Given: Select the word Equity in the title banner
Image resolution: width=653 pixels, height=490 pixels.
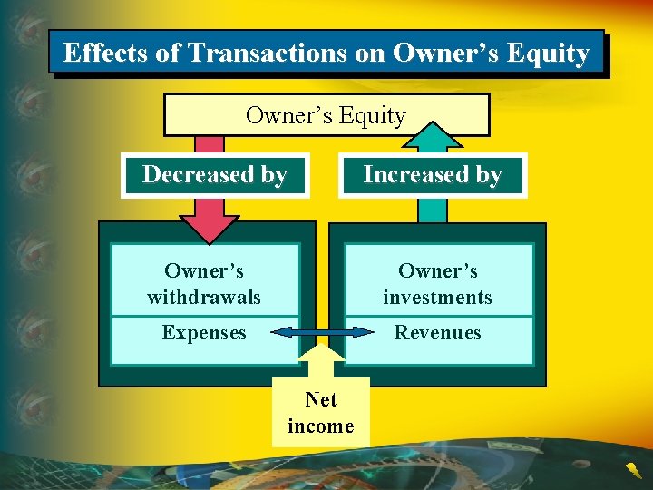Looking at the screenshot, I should coord(548,53).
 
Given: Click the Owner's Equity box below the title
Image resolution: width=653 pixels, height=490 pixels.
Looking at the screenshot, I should coord(326,115).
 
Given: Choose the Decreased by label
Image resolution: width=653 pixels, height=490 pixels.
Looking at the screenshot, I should coord(215,174).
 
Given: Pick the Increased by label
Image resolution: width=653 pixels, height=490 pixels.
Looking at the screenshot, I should coord(433,174).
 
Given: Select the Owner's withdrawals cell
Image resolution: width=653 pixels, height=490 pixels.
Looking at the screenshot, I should coord(204,283).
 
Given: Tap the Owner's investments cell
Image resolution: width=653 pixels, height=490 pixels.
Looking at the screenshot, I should coord(437,283).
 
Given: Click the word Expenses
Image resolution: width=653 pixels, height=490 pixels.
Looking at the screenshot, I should coord(204,333).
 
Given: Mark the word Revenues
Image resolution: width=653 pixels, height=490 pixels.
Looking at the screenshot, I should coord(437,333).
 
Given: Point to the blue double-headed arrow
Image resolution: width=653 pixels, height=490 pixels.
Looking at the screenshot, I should coord(309,332).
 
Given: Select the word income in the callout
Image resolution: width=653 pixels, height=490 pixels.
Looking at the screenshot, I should coord(321,426).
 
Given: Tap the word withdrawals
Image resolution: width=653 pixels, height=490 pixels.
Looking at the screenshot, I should coord(204,297).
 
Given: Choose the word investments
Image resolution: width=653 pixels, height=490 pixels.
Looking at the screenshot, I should coord(437,297).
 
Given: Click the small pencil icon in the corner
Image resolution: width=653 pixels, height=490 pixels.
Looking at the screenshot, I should coord(631,470).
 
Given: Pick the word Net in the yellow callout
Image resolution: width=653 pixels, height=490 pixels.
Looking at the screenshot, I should coord(321,400).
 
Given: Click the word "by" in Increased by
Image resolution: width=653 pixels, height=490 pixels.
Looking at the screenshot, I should coord(488,174).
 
